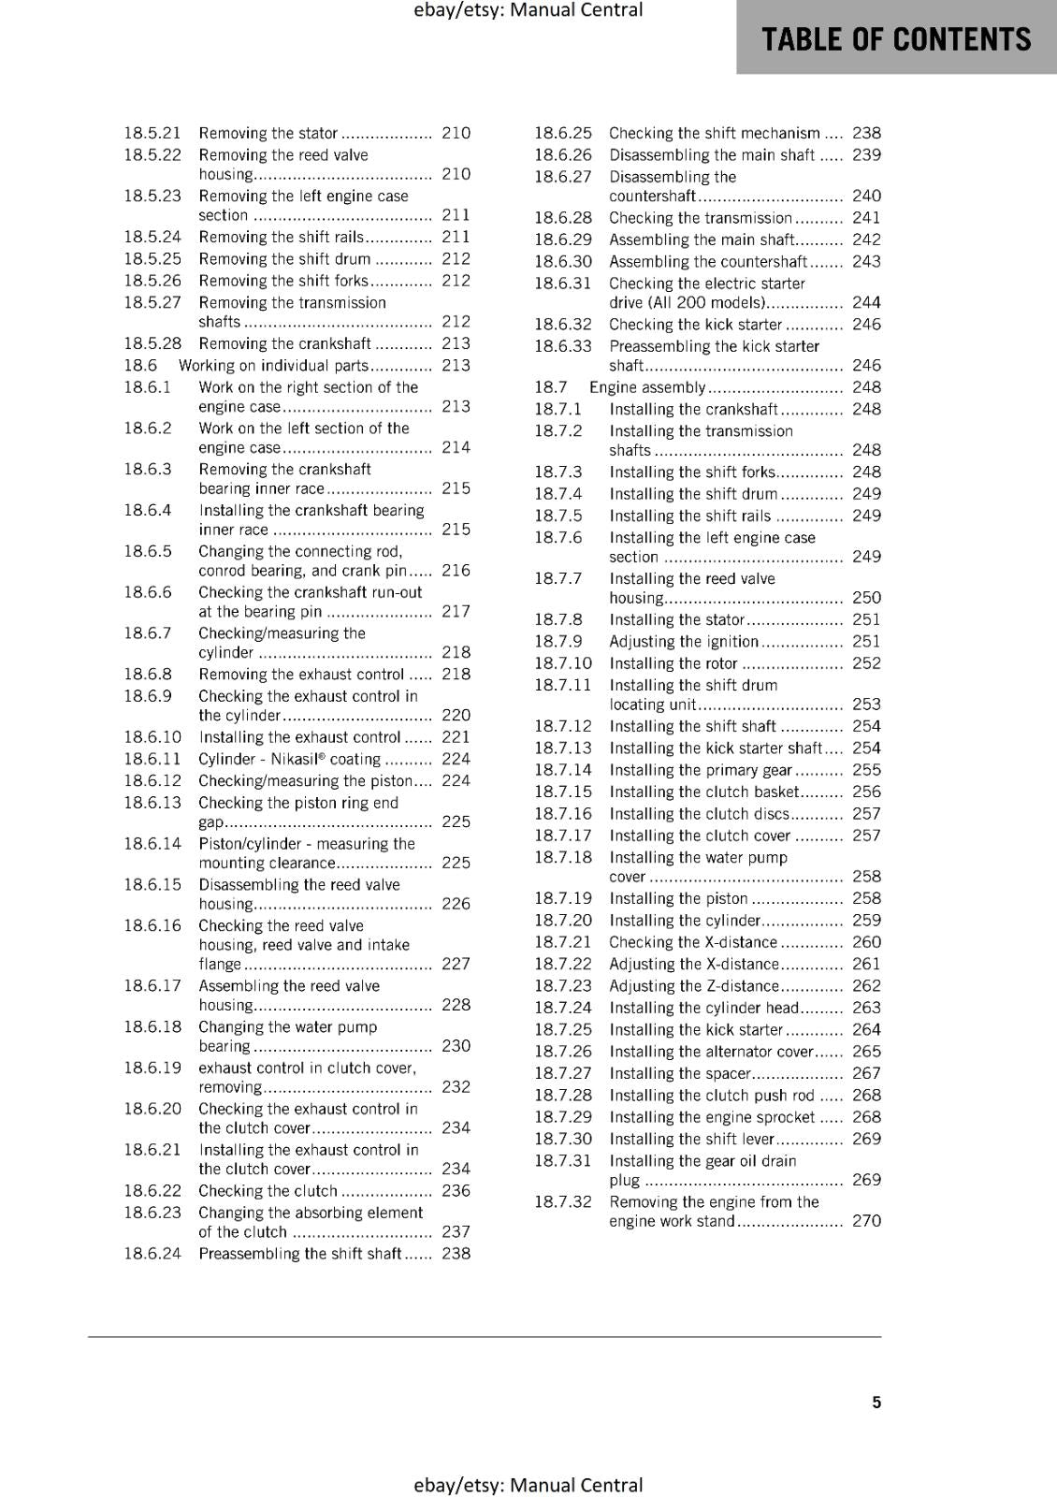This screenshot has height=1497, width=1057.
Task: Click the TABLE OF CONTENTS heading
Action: pyautogui.click(x=896, y=39)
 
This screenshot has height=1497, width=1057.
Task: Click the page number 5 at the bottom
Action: pyautogui.click(x=876, y=1402)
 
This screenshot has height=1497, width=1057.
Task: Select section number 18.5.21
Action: pyautogui.click(x=152, y=133)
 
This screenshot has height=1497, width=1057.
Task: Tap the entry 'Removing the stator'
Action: pyautogui.click(x=268, y=133)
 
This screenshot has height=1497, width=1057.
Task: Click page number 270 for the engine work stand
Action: pyautogui.click(x=866, y=1220)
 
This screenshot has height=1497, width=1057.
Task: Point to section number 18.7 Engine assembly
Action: pyautogui.click(x=551, y=386)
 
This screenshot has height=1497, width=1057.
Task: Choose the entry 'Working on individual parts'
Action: pyautogui.click(x=273, y=365)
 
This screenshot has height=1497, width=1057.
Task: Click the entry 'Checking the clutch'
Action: pyautogui.click(x=268, y=1190)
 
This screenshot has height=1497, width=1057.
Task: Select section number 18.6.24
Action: pyautogui.click(x=152, y=1253)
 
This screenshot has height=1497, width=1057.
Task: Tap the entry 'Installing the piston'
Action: pyautogui.click(x=678, y=898)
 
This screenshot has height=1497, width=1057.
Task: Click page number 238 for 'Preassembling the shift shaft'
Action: pyautogui.click(x=456, y=1253)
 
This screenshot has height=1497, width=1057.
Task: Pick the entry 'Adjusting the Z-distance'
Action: pyautogui.click(x=693, y=985)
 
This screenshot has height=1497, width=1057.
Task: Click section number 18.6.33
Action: pyautogui.click(x=563, y=345)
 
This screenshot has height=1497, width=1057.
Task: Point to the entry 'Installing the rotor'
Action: pyautogui.click(x=673, y=662)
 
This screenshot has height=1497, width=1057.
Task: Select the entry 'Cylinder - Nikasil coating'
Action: pyautogui.click(x=289, y=759)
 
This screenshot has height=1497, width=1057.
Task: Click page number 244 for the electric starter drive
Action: pyautogui.click(x=866, y=302)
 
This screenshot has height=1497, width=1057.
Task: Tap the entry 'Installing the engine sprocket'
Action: pyautogui.click(x=712, y=1116)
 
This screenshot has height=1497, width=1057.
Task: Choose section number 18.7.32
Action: pyautogui.click(x=563, y=1201)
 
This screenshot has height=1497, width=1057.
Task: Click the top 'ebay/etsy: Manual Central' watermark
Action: pyautogui.click(x=528, y=10)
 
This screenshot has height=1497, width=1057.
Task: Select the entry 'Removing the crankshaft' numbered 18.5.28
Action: pyautogui.click(x=284, y=343)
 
